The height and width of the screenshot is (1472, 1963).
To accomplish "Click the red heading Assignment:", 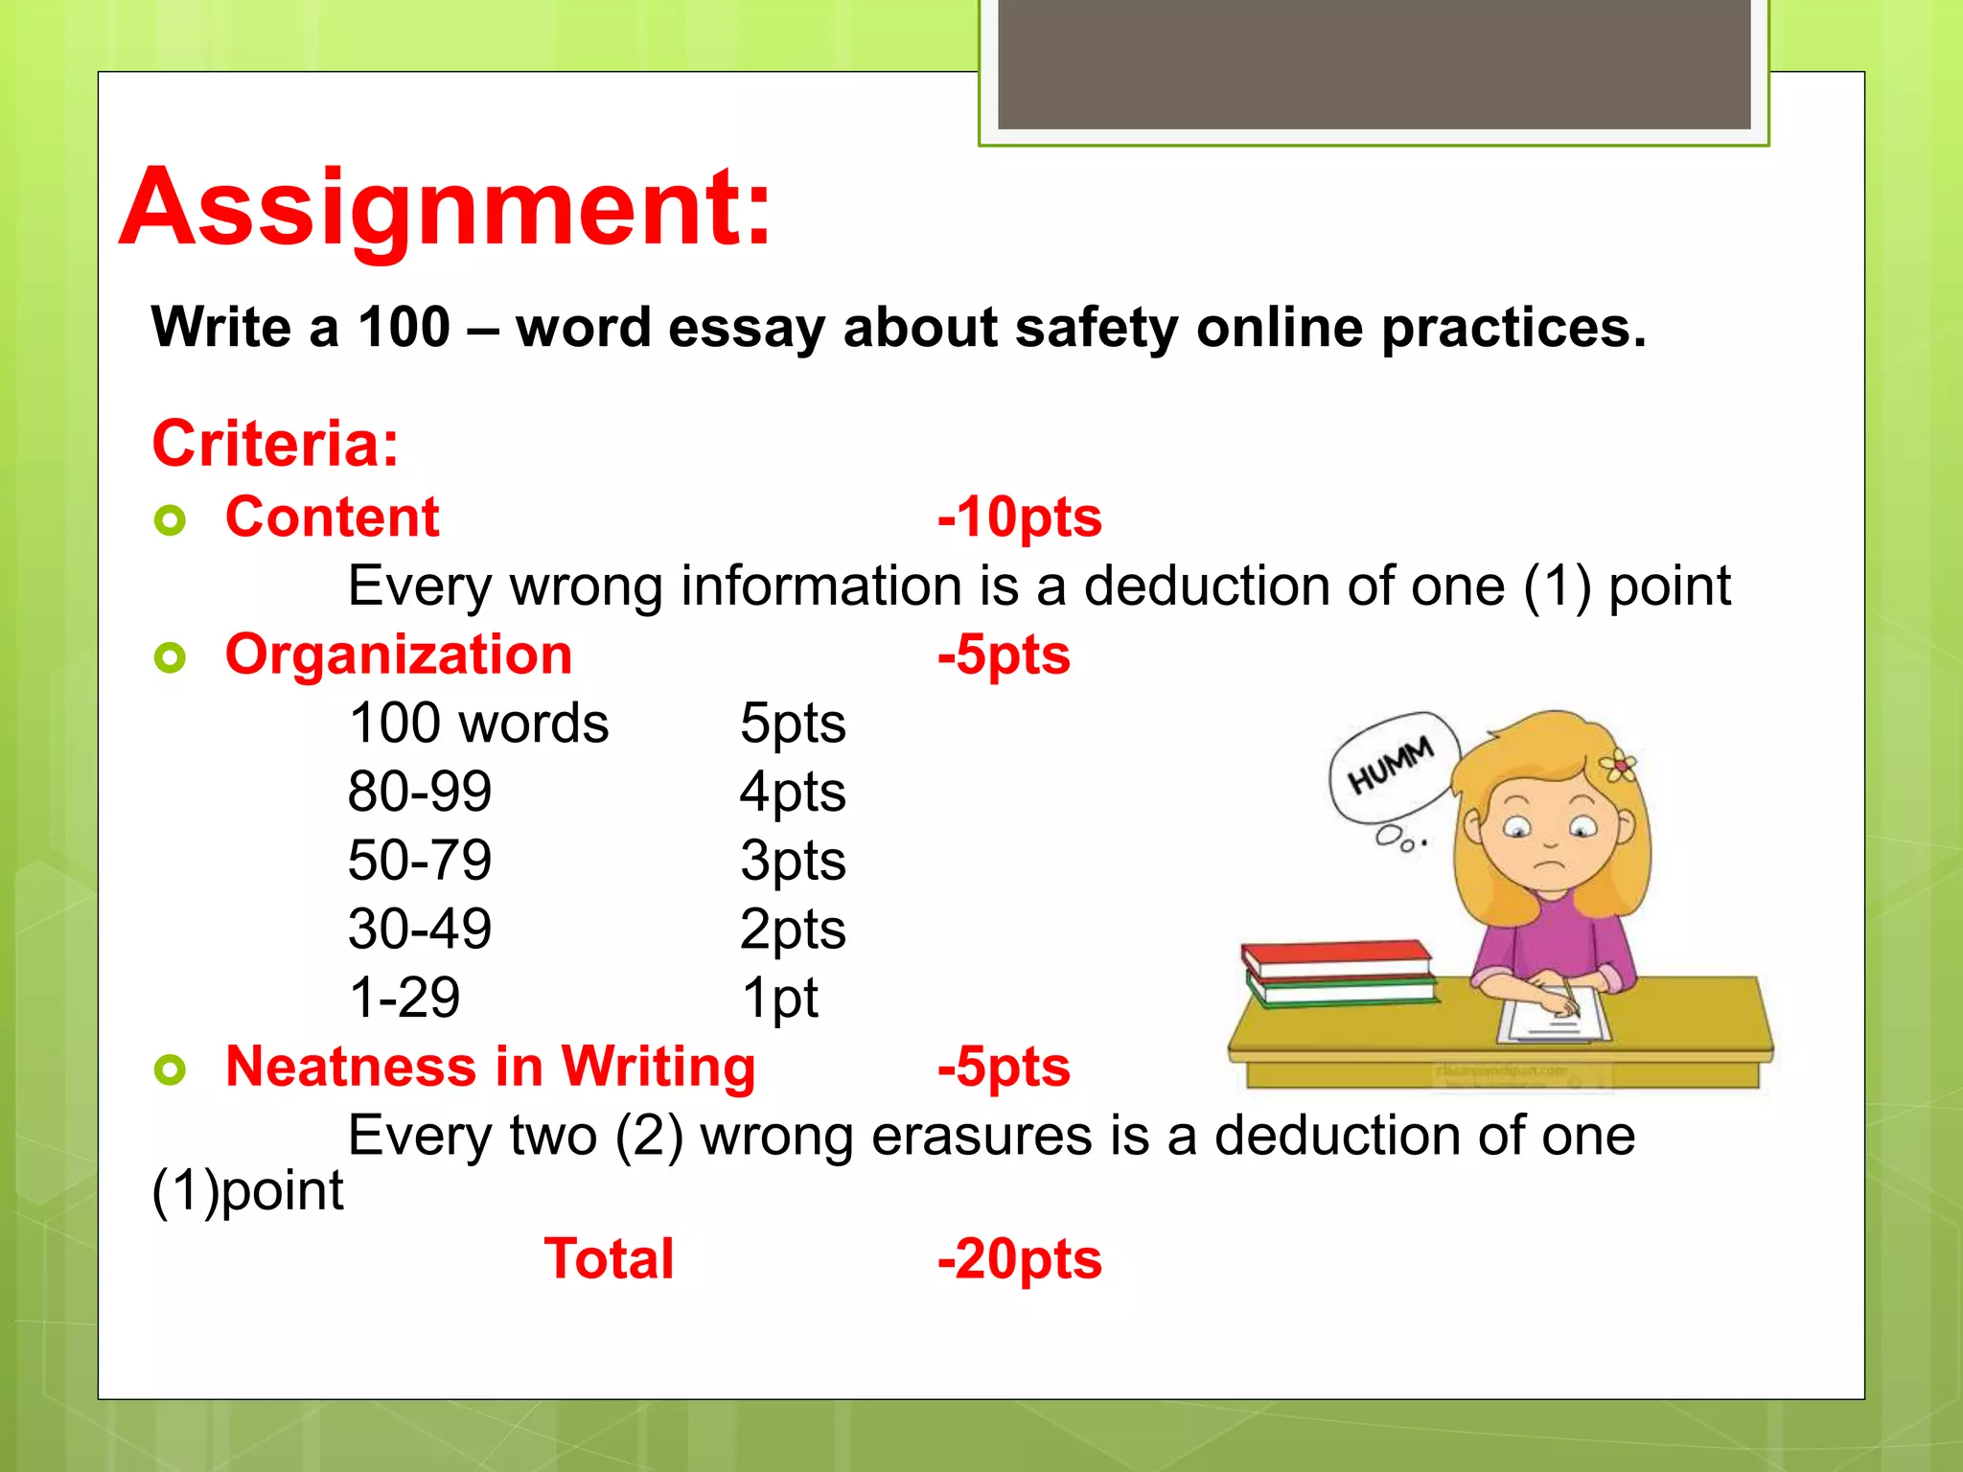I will click(446, 208).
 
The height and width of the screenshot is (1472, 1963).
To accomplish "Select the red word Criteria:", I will click(275, 444).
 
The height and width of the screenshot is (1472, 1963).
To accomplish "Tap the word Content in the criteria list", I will click(332, 517).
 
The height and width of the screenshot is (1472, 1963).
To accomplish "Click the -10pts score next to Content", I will click(1019, 517).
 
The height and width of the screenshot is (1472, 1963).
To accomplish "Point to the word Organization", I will click(399, 655).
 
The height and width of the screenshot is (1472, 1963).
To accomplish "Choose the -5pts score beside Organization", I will click(1004, 655).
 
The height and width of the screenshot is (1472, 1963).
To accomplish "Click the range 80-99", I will click(420, 792).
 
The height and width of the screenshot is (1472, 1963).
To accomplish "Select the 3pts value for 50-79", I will click(793, 861).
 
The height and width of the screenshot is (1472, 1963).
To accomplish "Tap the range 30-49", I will click(420, 929).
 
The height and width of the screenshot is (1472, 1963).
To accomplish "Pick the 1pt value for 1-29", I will click(779, 998).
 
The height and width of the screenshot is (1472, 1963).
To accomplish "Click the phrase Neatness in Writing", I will click(491, 1067).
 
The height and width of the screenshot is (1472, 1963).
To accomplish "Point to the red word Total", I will click(609, 1258).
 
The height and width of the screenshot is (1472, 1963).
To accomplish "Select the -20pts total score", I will click(1019, 1258).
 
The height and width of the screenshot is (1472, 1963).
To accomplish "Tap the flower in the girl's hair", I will click(1618, 764).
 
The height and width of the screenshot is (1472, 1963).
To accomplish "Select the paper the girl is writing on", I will click(1553, 1018).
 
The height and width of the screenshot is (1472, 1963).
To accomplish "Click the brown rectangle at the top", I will click(1374, 63).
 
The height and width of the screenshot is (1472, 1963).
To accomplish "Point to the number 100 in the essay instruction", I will click(404, 328).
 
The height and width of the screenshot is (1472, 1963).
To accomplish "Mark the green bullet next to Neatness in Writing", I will click(170, 1069).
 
